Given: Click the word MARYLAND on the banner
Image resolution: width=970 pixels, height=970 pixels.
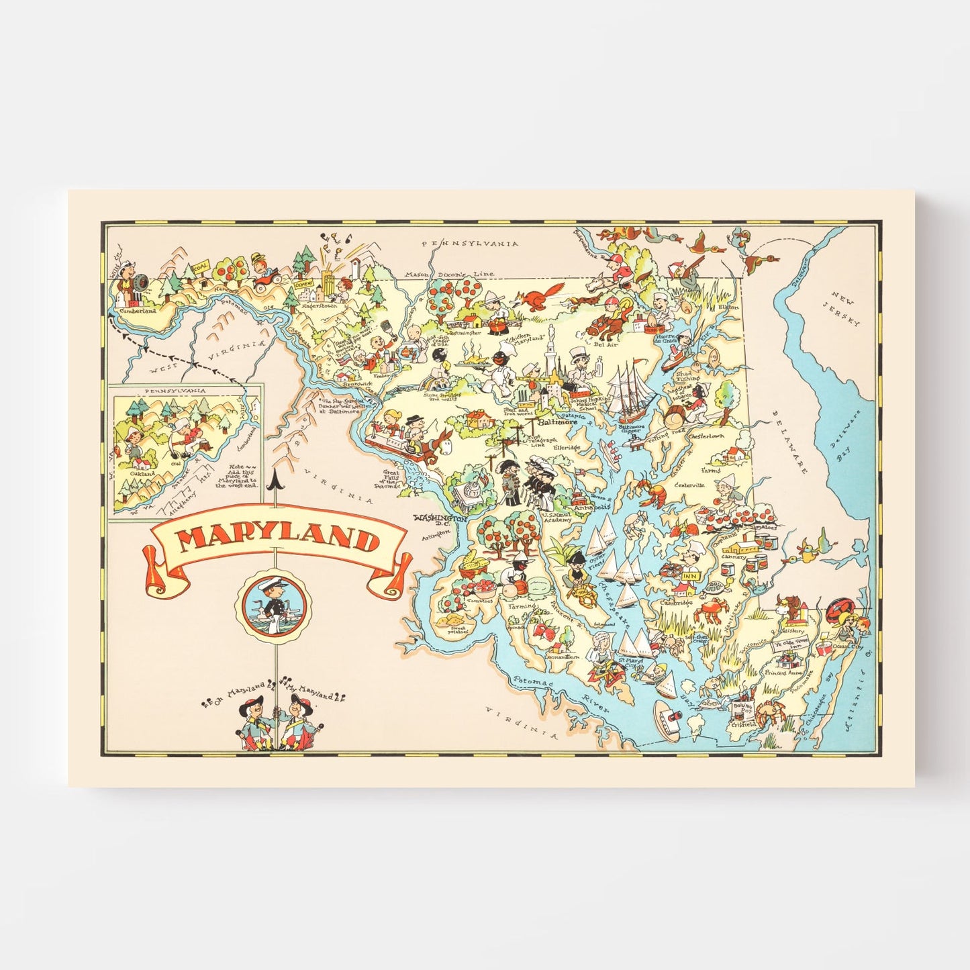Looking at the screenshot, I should coord(278,539).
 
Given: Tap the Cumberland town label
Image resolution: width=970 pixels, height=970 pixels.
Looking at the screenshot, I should coord(137,311).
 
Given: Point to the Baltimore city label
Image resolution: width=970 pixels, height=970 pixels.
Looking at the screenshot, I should coord(559,424).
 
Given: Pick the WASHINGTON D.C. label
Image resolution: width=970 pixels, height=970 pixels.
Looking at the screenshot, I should coord(440,520).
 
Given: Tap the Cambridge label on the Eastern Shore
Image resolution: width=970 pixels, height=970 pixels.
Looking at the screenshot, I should coord(676,603).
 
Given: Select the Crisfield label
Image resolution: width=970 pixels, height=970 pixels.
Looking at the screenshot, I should coord(744,724).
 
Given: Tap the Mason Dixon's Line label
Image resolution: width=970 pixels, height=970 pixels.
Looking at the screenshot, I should coord(449,274).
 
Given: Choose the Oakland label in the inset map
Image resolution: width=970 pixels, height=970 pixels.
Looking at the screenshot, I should coord(142,473).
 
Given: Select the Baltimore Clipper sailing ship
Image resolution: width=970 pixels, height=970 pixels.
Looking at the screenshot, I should coord(632,393).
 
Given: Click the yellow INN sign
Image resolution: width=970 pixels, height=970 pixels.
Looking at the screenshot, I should coord(689,576).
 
